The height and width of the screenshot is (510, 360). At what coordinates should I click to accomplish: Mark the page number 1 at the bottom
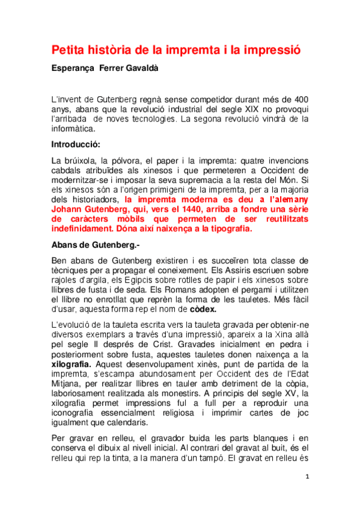307,493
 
